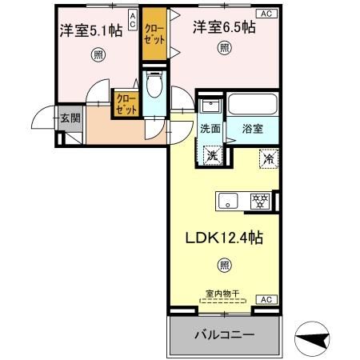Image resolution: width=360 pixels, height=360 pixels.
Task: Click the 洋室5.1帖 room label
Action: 90,33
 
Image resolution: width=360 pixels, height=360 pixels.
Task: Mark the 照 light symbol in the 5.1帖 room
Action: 96,55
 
